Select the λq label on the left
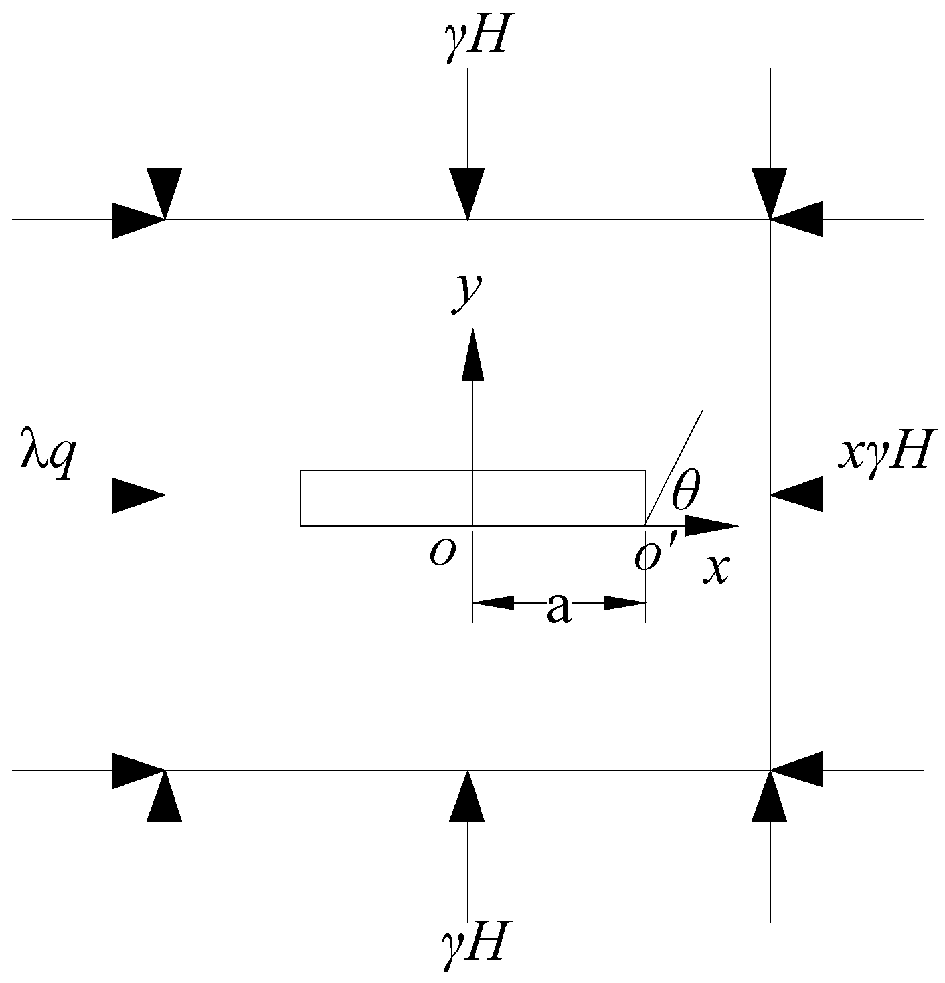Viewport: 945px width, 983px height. (46, 461)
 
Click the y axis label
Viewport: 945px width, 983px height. (466, 294)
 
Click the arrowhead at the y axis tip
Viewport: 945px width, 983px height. (473, 355)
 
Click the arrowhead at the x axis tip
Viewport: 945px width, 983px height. (712, 526)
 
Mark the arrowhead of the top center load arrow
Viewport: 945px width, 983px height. (467, 193)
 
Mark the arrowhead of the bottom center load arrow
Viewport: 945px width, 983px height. (467, 796)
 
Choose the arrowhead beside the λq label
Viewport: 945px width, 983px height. (138, 495)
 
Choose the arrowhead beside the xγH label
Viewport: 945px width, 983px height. (796, 495)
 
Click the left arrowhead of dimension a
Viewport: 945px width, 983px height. (494, 603)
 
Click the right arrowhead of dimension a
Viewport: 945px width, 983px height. (624, 603)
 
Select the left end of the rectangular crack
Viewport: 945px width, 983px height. (301, 499)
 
